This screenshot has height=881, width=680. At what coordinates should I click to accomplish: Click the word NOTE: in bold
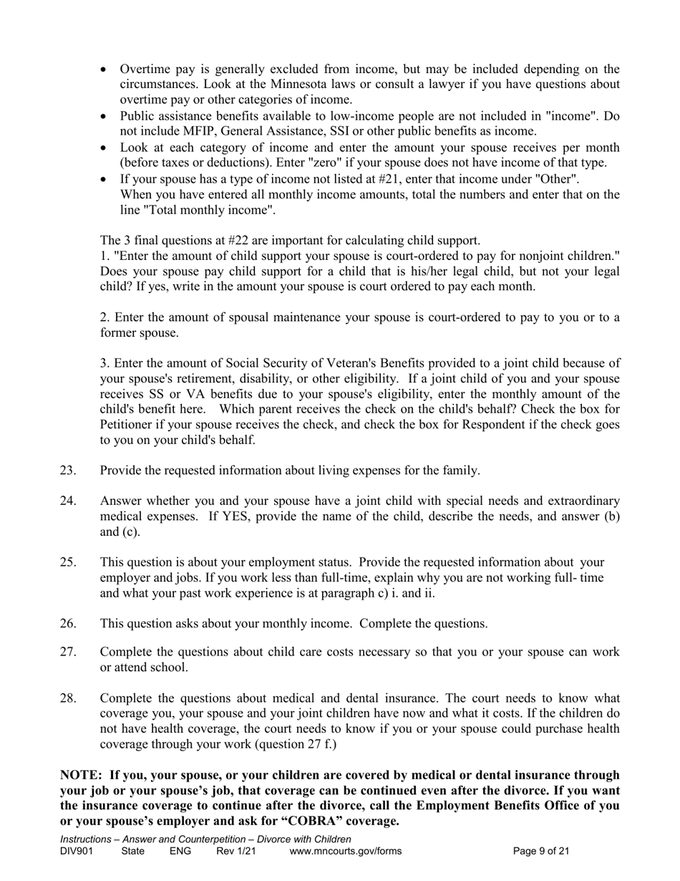81,775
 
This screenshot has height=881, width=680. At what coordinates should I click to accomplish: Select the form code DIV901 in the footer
77,852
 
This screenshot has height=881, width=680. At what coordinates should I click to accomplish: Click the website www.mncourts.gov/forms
345,852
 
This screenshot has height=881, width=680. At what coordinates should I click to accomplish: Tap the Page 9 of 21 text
541,852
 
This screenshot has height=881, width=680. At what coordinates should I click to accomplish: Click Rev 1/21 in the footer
235,852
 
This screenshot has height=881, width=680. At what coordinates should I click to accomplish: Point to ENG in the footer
180,852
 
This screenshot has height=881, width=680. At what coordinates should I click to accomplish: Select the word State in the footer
133,852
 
